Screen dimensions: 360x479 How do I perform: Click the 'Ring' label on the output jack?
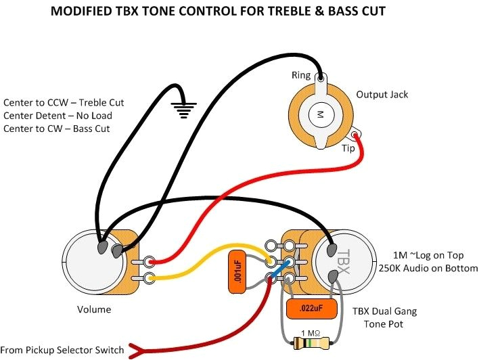pyautogui.click(x=301, y=75)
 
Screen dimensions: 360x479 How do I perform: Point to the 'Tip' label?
pyautogui.click(x=348, y=148)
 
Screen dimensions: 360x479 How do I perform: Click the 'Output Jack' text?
pyautogui.click(x=382, y=95)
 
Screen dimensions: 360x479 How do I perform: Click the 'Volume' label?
pyautogui.click(x=94, y=309)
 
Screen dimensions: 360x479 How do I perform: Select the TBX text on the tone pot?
pyautogui.click(x=342, y=261)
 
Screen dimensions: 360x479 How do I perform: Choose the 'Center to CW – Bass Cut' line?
pyautogui.click(x=57, y=129)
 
